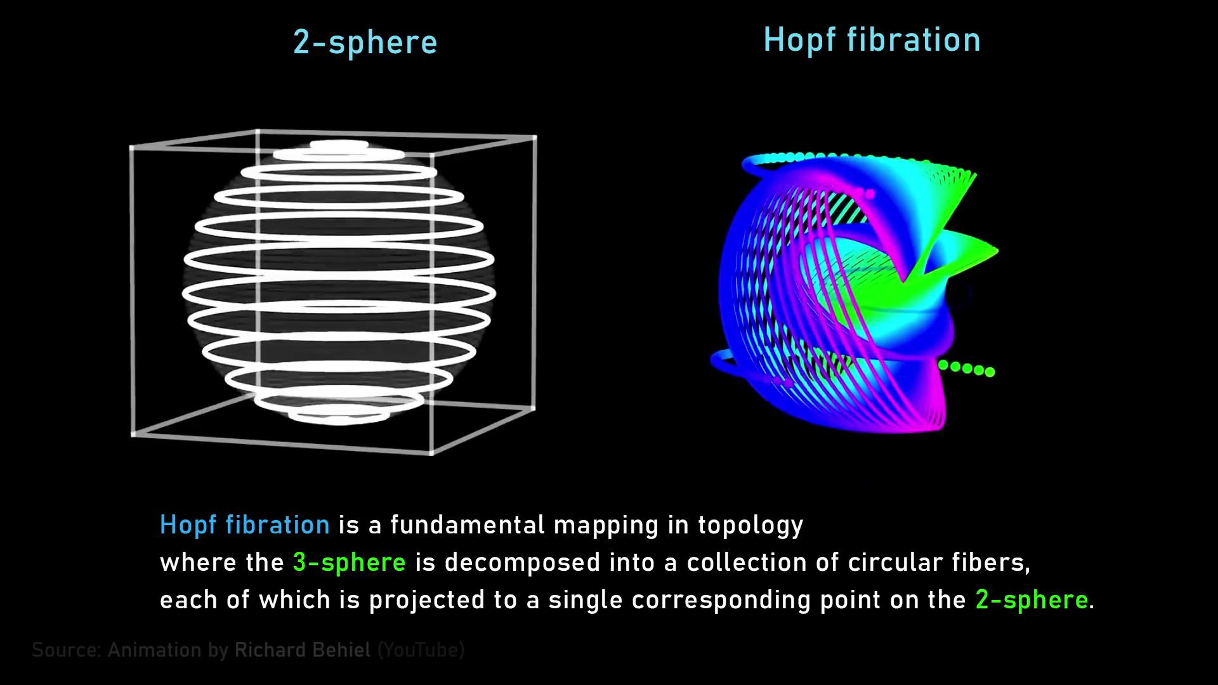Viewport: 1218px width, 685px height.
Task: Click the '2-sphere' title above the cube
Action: click(x=365, y=42)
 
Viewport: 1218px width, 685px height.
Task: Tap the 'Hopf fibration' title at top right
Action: click(x=872, y=40)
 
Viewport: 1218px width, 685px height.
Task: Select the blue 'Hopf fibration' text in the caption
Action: click(x=245, y=525)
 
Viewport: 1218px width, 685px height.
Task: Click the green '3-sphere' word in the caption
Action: click(x=350, y=563)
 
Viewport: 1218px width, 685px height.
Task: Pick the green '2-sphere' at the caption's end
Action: click(x=1031, y=600)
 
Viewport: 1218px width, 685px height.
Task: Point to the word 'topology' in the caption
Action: click(x=750, y=526)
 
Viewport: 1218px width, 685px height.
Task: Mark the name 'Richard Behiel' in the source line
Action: click(x=302, y=650)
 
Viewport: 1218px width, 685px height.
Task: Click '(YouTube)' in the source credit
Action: click(x=421, y=651)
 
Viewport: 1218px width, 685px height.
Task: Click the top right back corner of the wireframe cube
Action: click(x=535, y=137)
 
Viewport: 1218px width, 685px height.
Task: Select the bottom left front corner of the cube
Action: click(x=133, y=434)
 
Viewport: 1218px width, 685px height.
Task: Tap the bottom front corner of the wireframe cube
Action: click(x=431, y=452)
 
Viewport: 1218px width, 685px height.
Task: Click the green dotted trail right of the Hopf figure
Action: click(x=967, y=369)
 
